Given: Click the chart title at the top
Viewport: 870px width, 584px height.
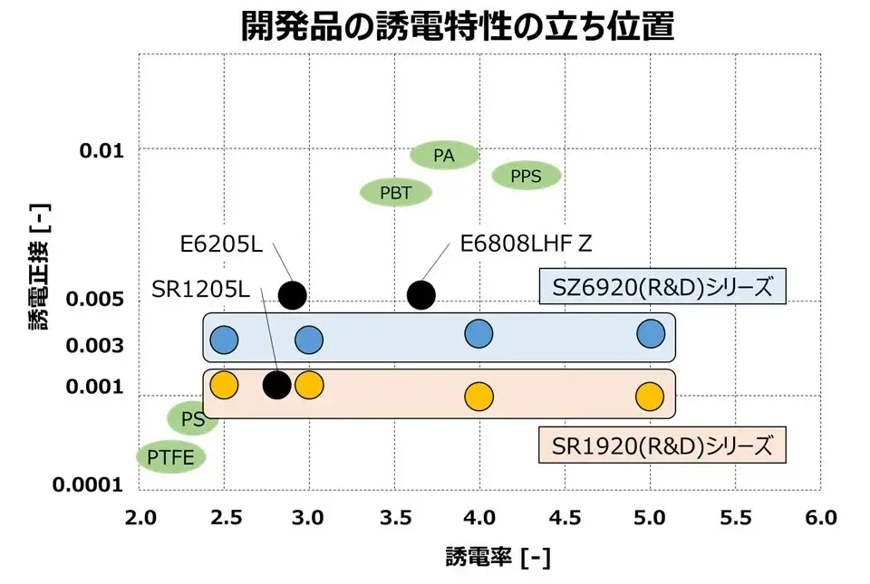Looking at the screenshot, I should (x=458, y=26).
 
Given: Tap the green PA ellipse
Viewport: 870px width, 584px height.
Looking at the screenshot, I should (x=444, y=155).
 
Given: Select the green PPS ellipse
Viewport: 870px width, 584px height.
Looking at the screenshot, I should (x=526, y=176).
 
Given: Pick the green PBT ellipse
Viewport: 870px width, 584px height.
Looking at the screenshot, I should (x=396, y=192).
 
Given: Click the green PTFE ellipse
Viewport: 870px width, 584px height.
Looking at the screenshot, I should (x=171, y=457).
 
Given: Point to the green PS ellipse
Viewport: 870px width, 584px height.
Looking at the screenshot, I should (x=191, y=418).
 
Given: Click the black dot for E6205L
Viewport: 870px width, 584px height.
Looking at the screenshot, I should (x=292, y=294).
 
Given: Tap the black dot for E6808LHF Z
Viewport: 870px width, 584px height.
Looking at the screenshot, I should (x=421, y=294).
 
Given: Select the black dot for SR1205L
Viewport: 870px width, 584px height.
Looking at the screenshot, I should (x=276, y=385).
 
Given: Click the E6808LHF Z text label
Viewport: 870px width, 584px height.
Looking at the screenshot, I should (x=526, y=244).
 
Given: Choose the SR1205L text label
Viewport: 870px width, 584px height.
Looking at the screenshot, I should (x=199, y=291).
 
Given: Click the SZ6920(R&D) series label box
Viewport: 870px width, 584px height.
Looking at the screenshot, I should (x=662, y=287).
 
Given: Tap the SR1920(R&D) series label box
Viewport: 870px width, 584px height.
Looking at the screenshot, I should (x=662, y=445).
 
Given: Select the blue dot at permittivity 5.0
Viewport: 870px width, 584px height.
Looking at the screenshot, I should (x=650, y=333).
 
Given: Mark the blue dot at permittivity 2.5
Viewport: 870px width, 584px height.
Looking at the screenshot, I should (x=224, y=340).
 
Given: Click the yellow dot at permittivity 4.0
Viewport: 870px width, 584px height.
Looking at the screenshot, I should (x=478, y=396).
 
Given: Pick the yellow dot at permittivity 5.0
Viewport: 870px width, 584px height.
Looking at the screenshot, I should (x=650, y=396).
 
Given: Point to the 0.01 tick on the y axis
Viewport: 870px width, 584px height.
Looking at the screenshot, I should (x=101, y=149).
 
